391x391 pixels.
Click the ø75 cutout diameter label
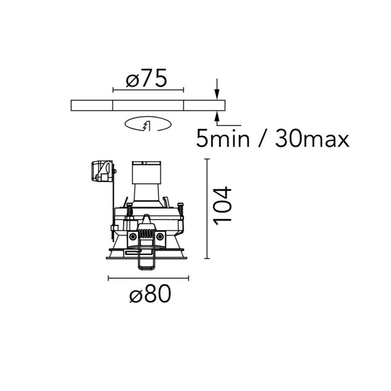[x=146, y=78]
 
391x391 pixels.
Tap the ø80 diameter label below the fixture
[x=151, y=294]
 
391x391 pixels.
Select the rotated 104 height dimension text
[x=223, y=205]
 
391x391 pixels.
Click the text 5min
[x=223, y=138]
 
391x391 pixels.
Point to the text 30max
[x=312, y=138]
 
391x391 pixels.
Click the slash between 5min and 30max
[x=262, y=138]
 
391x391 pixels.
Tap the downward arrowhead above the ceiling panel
[x=217, y=94]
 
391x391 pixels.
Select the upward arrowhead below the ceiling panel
[x=217, y=116]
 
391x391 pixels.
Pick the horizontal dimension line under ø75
[x=148, y=90]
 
